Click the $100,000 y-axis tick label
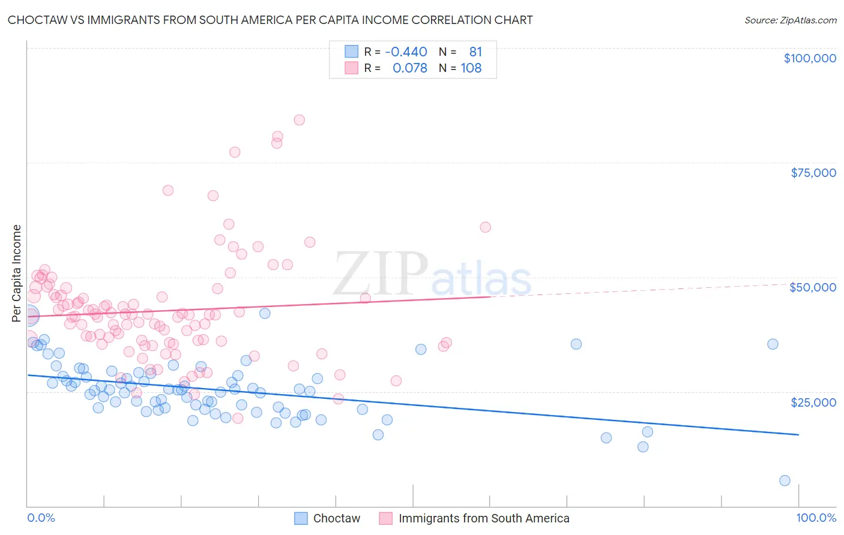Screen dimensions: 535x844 [809, 58]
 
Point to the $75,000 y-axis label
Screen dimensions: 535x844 [813, 173]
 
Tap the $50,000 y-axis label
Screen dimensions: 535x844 [812, 287]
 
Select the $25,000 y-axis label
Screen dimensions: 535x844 [813, 402]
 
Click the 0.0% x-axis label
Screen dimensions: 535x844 [41, 518]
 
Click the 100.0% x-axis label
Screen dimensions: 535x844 [816, 518]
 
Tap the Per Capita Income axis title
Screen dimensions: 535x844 [16, 273]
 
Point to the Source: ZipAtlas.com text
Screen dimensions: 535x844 [790, 20]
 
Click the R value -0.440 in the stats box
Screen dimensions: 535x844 [406, 52]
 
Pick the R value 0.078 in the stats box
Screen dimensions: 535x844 [409, 68]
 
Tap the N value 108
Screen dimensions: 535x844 [471, 68]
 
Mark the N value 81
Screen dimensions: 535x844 [475, 52]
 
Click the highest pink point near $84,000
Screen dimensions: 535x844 [299, 120]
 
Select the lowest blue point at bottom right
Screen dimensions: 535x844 [785, 480]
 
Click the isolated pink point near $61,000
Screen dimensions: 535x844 [485, 227]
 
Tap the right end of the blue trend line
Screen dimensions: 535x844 [798, 434]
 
